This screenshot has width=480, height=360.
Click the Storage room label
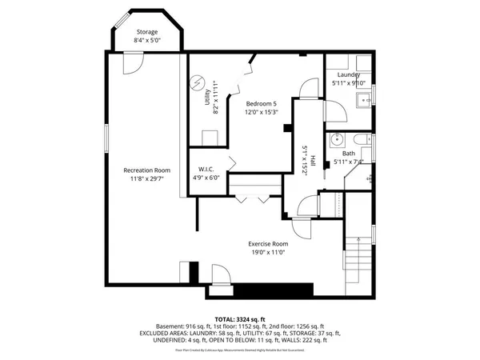(x=146, y=32)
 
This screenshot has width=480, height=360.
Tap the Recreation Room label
(x=146, y=170)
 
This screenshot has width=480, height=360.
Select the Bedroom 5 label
(x=261, y=103)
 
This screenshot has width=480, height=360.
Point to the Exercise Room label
(x=267, y=243)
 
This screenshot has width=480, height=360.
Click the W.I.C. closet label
(x=209, y=170)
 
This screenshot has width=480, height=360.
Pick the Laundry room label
(x=348, y=74)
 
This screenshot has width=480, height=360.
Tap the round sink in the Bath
(x=337, y=137)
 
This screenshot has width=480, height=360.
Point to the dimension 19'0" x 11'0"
(x=267, y=253)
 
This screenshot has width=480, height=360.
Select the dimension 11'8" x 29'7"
(x=146, y=178)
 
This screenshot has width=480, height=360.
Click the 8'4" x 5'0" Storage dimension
(x=146, y=41)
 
